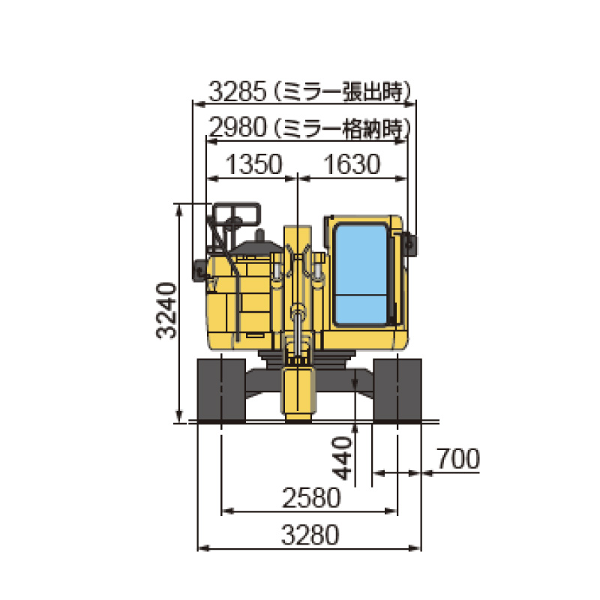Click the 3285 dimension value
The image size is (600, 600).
(237, 91)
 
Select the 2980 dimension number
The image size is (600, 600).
(238, 127)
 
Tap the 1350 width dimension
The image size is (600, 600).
(253, 164)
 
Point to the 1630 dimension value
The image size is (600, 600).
(352, 164)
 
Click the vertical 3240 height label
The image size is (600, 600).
(166, 310)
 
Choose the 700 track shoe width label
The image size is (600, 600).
(458, 458)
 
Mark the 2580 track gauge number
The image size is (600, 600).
(311, 498)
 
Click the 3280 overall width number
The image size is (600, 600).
(310, 535)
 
